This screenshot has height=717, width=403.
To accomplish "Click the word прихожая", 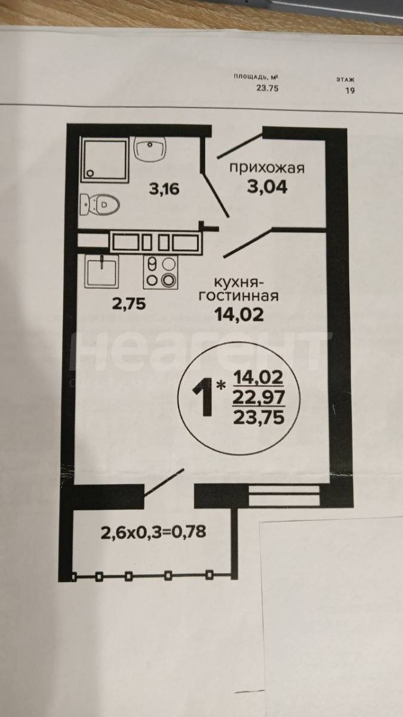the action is [267, 168].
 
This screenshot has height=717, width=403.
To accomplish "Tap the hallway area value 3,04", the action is [267, 186].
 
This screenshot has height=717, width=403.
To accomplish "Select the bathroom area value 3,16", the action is [164, 189].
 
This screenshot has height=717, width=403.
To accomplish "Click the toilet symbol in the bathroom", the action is [99, 204].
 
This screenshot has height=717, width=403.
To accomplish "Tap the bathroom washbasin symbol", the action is [150, 148].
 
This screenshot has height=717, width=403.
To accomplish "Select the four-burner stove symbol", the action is [161, 272].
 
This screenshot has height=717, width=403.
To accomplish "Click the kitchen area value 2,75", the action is [129, 304].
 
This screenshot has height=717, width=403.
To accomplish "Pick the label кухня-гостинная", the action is [239, 289].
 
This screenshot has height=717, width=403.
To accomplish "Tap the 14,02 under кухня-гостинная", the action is [239, 314].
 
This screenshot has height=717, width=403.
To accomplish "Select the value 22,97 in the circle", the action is [259, 398].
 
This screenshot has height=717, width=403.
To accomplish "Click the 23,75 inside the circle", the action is [259, 418].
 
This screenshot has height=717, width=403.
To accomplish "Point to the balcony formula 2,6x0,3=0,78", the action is [153, 532].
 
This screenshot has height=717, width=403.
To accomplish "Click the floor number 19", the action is [350, 91].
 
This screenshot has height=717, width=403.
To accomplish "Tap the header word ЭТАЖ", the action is [346, 79].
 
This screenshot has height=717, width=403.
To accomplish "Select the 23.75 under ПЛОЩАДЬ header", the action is [267, 88].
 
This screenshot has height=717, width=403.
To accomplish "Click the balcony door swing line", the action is [164, 482].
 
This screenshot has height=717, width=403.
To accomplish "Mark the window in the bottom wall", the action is [284, 495].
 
